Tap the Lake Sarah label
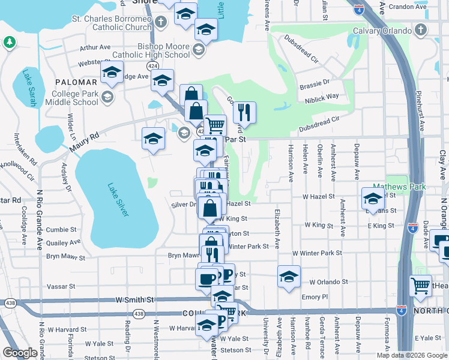[x=29, y=88]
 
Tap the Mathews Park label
[x=399, y=187]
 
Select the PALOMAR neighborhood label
[x=76, y=82]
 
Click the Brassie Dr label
[x=315, y=84]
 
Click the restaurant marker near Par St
[x=244, y=112]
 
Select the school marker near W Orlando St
[x=289, y=277]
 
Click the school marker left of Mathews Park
[x=373, y=197]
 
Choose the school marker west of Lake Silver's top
[x=153, y=139]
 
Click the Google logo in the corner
[x=20, y=353]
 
